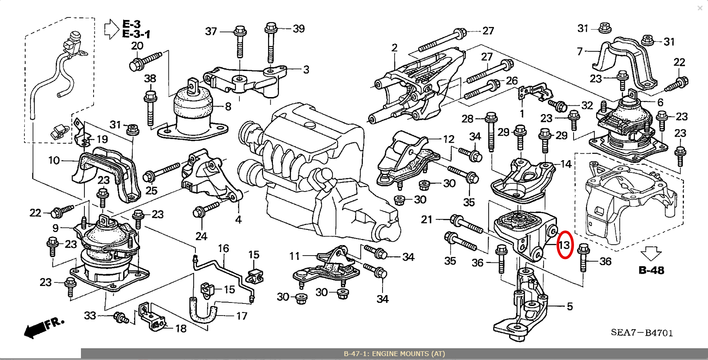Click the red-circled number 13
(564, 245)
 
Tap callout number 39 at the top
(299, 29)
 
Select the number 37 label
(211, 31)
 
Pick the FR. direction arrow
(44, 328)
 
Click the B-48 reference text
(651, 270)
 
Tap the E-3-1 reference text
(136, 34)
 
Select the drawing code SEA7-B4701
(642, 333)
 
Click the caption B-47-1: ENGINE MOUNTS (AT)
(394, 353)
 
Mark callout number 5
(570, 306)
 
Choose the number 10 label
(54, 161)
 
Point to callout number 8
(228, 107)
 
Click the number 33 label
(90, 315)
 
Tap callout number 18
(181, 329)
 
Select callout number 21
(427, 219)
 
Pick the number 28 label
(467, 119)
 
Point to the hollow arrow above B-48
(651, 253)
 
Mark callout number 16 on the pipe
(223, 249)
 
